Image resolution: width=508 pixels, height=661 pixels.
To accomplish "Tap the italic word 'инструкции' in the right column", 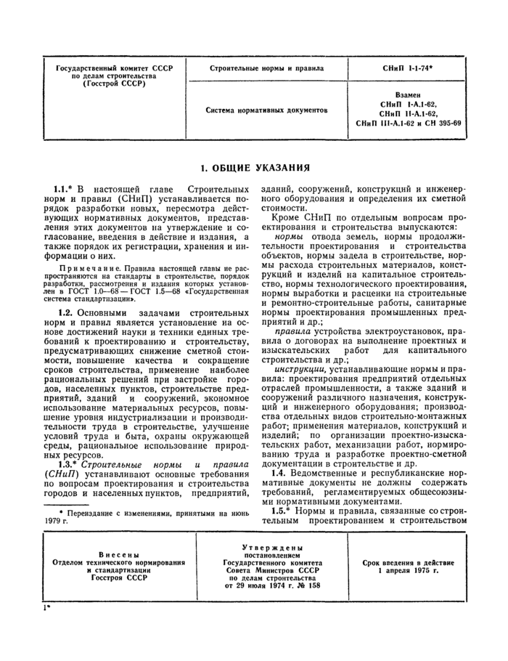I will click(298, 369).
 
